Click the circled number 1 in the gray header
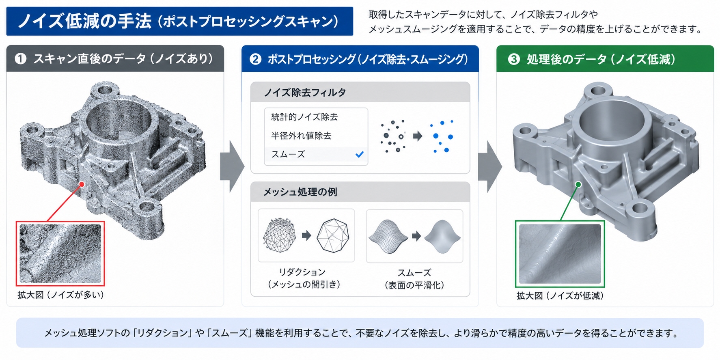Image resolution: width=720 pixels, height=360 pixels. [x=20, y=59]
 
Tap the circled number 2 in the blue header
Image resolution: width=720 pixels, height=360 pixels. [x=255, y=59]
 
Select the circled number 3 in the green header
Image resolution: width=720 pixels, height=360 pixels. [x=514, y=59]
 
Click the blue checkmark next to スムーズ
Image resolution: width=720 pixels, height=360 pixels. [x=359, y=154]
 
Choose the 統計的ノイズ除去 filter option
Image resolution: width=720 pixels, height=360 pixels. [x=304, y=117]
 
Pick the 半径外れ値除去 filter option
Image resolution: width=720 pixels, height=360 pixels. [x=301, y=136]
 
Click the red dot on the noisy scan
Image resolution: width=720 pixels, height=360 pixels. [x=82, y=184]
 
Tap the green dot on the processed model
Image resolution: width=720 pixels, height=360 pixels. [x=578, y=185]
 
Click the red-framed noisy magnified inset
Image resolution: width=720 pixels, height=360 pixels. [x=60, y=254]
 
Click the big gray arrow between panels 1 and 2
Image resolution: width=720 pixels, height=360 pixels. [x=232, y=166]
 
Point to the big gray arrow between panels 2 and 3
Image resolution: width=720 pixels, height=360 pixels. [x=489, y=166]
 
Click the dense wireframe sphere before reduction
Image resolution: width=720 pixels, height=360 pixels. [x=279, y=235]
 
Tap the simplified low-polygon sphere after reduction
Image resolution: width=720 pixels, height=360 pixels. [x=333, y=235]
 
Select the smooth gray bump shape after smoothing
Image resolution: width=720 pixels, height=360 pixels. [x=442, y=237]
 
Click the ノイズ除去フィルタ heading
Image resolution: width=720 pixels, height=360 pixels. [x=305, y=93]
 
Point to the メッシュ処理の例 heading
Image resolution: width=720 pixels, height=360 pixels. [x=300, y=192]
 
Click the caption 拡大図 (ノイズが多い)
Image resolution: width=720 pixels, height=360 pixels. [x=61, y=295]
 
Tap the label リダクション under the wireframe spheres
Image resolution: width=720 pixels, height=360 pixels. [x=302, y=272]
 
